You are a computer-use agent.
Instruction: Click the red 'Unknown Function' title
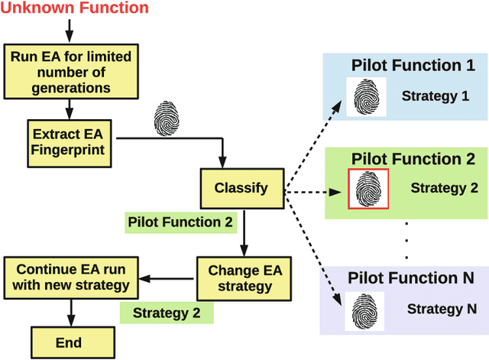pyautogui.click(x=75, y=9)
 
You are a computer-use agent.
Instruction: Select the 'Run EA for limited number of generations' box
pyautogui.click(x=70, y=73)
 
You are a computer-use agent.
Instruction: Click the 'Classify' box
pyautogui.click(x=241, y=187)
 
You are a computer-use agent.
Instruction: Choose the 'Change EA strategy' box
pyautogui.click(x=240, y=278)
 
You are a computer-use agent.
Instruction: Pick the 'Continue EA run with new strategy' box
pyautogui.click(x=71, y=278)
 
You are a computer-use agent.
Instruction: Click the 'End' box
pyautogui.click(x=69, y=343)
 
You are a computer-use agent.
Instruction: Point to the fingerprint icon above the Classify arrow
pyautogui.click(x=167, y=118)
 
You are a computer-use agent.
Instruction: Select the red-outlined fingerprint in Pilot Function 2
pyautogui.click(x=368, y=189)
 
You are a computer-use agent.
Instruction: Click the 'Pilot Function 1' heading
pyautogui.click(x=413, y=66)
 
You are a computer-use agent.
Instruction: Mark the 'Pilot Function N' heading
pyautogui.click(x=411, y=277)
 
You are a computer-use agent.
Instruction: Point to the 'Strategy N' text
pyautogui.click(x=436, y=310)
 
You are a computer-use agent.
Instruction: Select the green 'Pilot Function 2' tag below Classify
pyautogui.click(x=181, y=223)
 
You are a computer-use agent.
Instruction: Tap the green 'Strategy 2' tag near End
pyautogui.click(x=166, y=312)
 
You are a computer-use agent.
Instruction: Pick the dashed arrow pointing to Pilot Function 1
pyautogui.click(x=313, y=141)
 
